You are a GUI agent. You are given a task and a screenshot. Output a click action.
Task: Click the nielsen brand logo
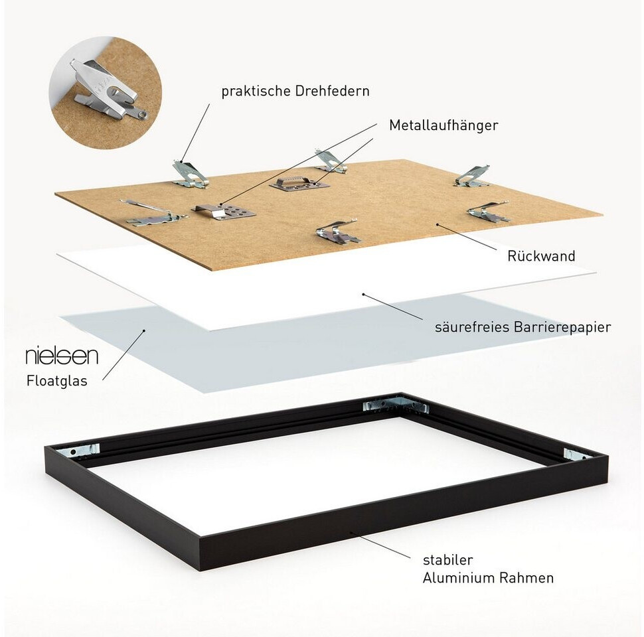coord(62,356)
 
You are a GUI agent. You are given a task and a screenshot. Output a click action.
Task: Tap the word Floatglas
coord(56,381)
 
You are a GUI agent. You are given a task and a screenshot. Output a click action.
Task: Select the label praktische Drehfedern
coord(295,91)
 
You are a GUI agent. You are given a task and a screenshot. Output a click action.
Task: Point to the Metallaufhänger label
coord(443,125)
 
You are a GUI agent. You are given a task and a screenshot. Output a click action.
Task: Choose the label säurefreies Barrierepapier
coord(523,326)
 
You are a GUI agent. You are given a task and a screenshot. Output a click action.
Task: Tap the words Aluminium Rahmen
coord(488,578)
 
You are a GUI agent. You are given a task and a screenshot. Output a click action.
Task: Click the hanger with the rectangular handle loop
coord(299,182)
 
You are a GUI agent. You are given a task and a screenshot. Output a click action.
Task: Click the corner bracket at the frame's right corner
coord(575,455)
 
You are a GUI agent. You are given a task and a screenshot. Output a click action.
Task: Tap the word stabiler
coord(447,560)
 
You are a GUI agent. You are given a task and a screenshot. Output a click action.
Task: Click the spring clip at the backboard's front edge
coord(337,232)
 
